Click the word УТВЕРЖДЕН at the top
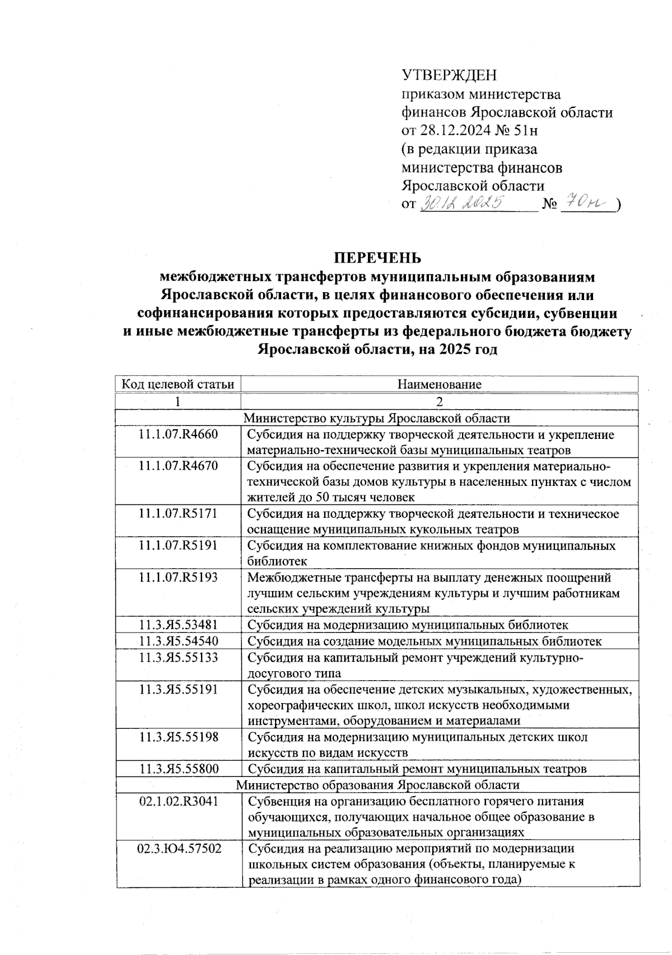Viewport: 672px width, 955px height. [450, 75]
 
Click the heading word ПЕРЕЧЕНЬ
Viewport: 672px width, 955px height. [377, 258]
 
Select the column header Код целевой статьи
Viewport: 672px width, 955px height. [178, 384]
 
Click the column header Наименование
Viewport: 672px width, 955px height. [440, 384]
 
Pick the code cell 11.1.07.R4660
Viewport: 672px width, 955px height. [178, 434]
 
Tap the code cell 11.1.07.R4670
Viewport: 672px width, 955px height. [178, 466]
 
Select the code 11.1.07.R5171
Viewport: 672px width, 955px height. [178, 513]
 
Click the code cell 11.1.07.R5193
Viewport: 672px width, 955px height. [178, 577]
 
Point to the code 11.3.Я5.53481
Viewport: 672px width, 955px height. [178, 625]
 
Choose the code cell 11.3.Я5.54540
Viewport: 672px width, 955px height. [178, 641]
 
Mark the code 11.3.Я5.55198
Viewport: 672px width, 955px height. [178, 737]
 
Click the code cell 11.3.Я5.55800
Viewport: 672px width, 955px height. [178, 769]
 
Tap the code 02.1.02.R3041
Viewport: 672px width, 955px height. [178, 801]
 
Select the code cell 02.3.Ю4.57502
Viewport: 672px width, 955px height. [178, 849]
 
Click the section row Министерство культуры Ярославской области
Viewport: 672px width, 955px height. [377, 418]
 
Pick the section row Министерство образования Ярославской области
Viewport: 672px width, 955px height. [377, 785]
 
